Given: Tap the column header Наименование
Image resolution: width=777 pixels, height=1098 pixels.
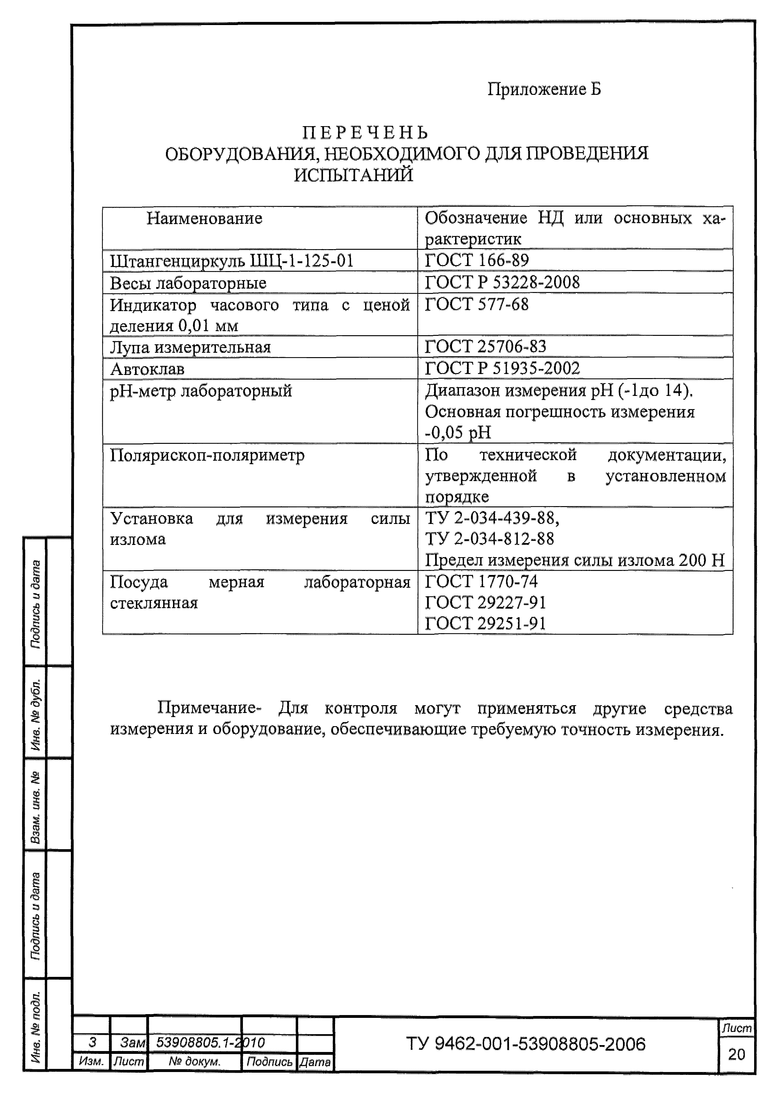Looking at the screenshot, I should coord(204,218).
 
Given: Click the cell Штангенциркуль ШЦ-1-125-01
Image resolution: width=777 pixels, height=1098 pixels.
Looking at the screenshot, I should coord(232,261).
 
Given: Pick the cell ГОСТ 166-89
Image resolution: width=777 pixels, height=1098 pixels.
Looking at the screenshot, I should coord(477,260).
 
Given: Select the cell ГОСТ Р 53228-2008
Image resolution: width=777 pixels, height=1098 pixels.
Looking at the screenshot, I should coord(502,282).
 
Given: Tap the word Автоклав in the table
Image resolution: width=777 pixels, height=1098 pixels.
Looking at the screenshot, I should coord(147,369).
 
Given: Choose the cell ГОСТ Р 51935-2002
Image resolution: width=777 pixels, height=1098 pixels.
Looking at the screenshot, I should coord(502,368).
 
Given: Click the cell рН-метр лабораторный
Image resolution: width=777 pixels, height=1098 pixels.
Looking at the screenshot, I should coord(201,391).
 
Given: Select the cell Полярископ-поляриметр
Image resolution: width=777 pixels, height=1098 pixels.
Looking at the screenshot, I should coord(207,455).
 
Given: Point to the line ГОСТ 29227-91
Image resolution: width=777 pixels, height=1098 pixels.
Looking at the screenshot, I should coord(486,602).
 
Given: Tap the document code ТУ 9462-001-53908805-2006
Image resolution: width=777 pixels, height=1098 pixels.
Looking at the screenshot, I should coord(526,1044).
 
